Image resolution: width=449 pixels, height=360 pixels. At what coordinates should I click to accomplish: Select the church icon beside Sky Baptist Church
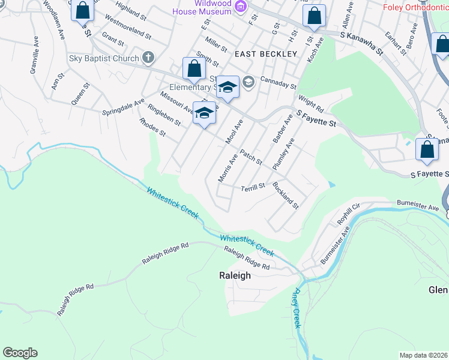pyautogui.click(x=148, y=58)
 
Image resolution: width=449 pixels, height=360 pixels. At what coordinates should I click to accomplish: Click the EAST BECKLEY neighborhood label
pyautogui.click(x=266, y=54)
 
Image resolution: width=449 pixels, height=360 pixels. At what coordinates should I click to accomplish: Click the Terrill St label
pyautogui.click(x=253, y=187)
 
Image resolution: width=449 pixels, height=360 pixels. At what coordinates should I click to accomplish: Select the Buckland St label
pyautogui.click(x=286, y=195)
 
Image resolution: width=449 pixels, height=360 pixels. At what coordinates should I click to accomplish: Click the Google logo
pyautogui.click(x=20, y=353)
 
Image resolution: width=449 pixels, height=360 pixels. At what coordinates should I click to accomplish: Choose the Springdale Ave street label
pyautogui.click(x=122, y=107)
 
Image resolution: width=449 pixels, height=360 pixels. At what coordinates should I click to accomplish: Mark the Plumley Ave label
pyautogui.click(x=283, y=154)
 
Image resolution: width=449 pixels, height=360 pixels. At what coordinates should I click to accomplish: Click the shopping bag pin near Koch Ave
pyautogui.click(x=314, y=17)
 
